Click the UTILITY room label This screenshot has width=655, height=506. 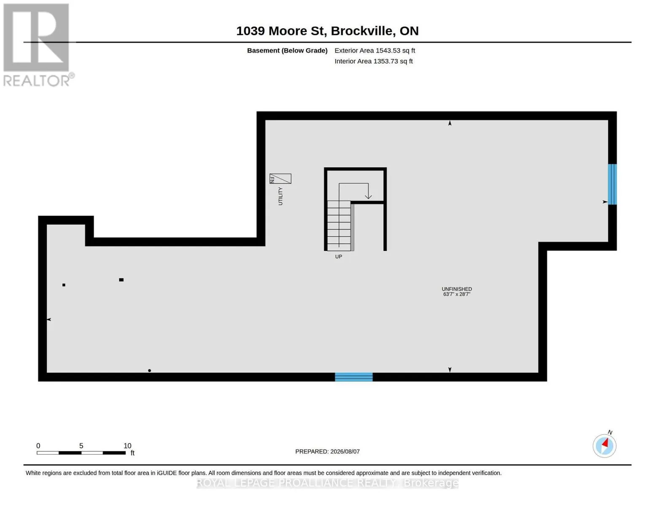(x=280, y=196)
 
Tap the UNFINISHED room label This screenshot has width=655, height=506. (x=457, y=289)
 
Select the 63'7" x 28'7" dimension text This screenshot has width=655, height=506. (x=457, y=294)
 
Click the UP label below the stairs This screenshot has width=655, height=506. (x=339, y=256)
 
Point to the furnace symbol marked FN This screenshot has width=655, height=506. (x=280, y=178)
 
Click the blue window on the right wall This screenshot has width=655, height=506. (x=612, y=184)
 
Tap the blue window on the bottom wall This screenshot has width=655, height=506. (x=354, y=377)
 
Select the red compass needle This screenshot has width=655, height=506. (x=605, y=443)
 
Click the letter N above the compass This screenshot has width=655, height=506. (x=610, y=433)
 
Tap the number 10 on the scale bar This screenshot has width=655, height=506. (x=127, y=446)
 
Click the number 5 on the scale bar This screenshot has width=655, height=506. (x=81, y=446)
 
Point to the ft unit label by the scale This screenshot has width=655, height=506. (x=132, y=453)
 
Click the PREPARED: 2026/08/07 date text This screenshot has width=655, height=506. (x=327, y=452)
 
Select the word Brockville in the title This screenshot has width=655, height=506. (x=363, y=31)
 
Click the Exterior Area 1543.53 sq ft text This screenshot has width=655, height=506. (x=375, y=51)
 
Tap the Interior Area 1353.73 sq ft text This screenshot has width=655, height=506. (x=373, y=61)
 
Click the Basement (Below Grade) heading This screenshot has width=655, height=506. (x=287, y=51)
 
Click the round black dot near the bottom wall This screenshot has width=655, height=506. (x=149, y=370)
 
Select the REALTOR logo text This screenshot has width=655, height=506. (x=37, y=81)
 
